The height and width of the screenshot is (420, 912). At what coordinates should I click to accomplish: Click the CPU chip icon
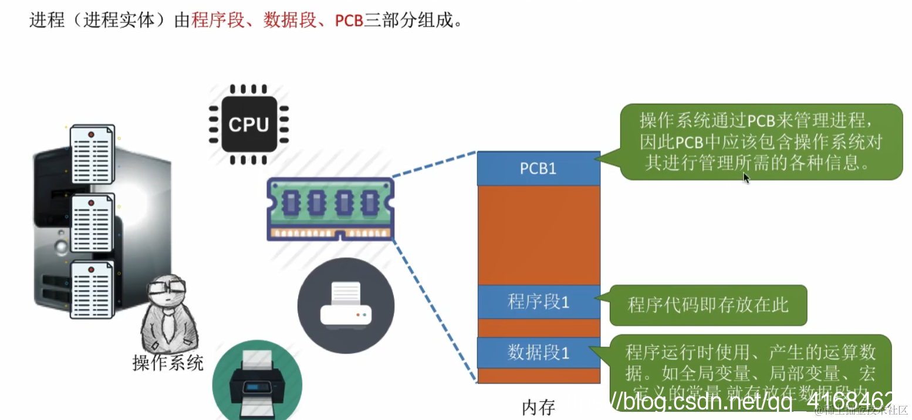[x=249, y=124]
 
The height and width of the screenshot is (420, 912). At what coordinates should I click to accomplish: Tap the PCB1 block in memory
[x=538, y=168]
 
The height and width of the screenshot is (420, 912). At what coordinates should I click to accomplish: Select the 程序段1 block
[x=538, y=302]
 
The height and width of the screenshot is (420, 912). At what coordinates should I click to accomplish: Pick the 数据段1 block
[x=538, y=353]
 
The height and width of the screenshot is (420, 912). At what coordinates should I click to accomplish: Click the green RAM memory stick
[x=330, y=209]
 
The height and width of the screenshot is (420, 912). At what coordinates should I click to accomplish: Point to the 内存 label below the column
[x=538, y=407]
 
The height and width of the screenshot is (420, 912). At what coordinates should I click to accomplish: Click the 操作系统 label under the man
[x=168, y=363]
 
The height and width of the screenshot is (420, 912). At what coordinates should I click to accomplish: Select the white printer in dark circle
[x=346, y=305]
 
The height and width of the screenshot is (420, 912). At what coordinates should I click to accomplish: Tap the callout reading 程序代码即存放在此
[x=708, y=305]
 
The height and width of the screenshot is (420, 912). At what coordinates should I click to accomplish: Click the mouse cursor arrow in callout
[x=745, y=178]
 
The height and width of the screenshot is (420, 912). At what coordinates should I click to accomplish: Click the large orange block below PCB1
[x=538, y=235]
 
